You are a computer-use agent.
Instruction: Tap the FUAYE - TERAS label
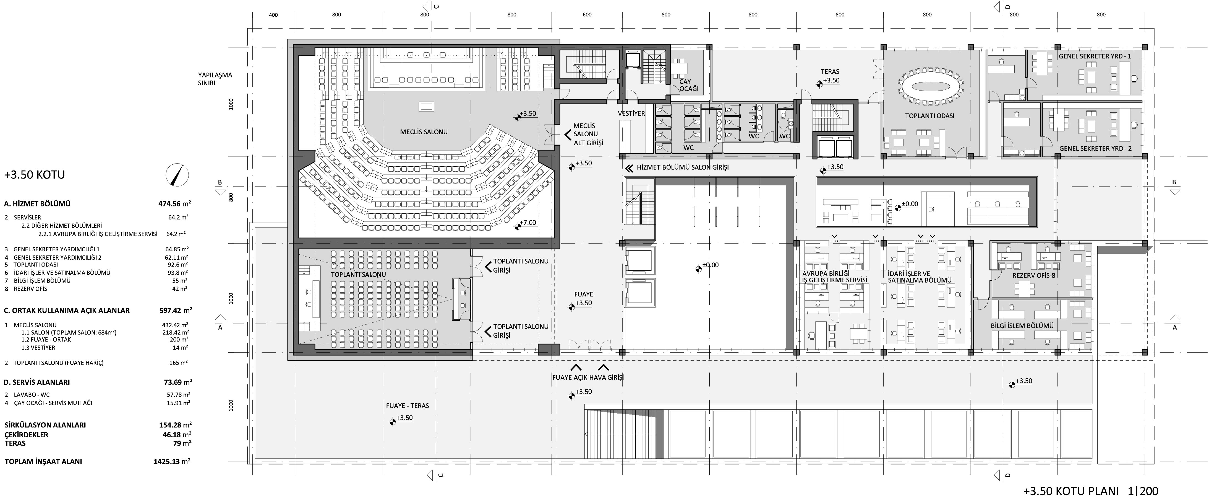click(407, 406)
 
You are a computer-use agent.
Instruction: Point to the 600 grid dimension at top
click(587, 15)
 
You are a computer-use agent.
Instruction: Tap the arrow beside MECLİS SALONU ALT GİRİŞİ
click(567, 135)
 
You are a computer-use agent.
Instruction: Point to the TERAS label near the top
click(830, 72)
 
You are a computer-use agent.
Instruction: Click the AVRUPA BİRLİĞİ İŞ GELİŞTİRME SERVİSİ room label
click(835, 277)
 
